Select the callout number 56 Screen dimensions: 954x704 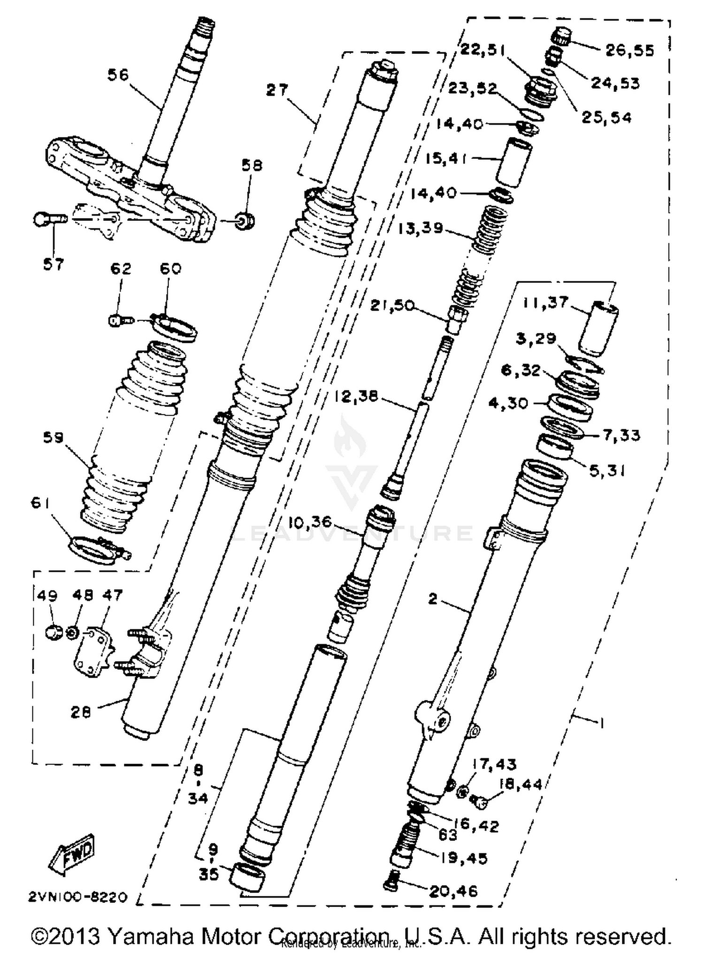tap(118, 74)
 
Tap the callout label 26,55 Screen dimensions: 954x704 tap(629, 50)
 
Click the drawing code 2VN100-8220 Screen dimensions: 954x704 tap(78, 897)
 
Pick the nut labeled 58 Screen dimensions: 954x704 tap(245, 220)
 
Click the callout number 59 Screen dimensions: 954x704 tap(53, 438)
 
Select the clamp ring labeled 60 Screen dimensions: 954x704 tap(176, 326)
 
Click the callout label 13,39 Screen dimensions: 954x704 tap(420, 228)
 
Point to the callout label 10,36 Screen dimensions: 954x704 tap(310, 522)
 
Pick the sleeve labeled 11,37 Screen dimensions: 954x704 tap(597, 328)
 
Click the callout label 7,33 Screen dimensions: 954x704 tap(621, 435)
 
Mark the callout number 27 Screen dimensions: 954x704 tap(277, 90)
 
